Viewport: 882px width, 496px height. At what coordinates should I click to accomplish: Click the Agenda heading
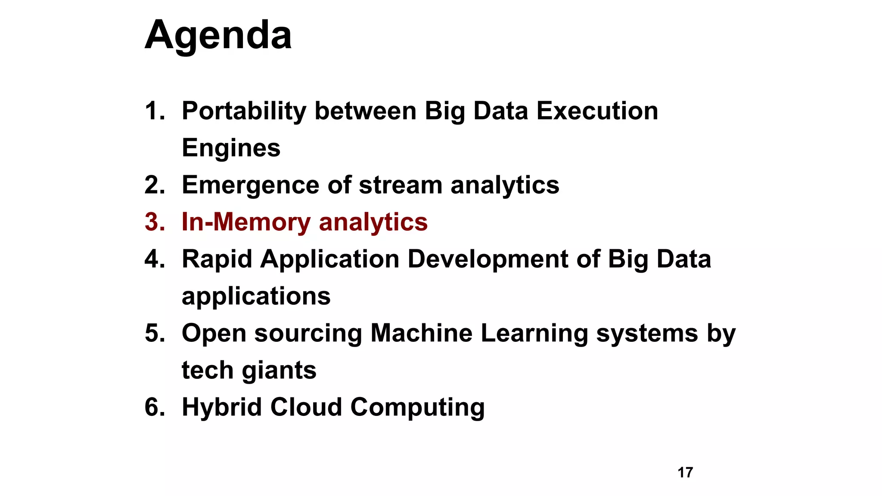click(x=218, y=36)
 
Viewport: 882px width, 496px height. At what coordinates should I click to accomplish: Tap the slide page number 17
click(x=685, y=472)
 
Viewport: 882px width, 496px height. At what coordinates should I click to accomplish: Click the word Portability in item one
click(x=244, y=111)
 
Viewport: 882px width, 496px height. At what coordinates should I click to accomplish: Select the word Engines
click(x=231, y=149)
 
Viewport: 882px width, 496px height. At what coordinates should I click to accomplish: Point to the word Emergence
click(x=250, y=186)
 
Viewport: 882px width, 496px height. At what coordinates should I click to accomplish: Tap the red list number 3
click(x=155, y=222)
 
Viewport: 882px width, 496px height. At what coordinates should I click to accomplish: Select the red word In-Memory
click(x=246, y=222)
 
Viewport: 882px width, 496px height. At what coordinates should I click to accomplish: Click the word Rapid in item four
click(x=217, y=260)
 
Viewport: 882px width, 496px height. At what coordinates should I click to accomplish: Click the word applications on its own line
click(x=256, y=297)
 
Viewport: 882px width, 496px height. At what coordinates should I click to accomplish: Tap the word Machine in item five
click(x=421, y=333)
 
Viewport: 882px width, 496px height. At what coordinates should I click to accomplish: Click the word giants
click(x=279, y=371)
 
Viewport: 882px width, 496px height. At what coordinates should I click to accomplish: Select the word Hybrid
click(x=221, y=407)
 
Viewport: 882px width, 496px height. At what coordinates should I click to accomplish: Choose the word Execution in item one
click(x=597, y=111)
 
